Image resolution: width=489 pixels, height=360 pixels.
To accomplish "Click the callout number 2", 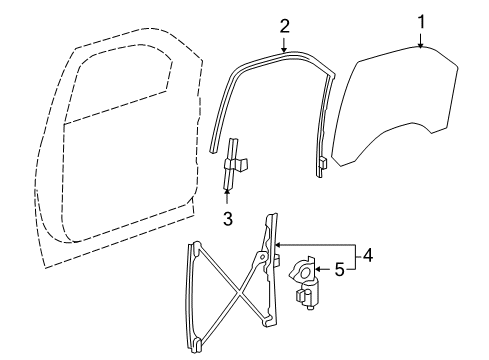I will [x=284, y=25].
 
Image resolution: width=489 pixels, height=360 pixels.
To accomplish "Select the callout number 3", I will [x=229, y=216].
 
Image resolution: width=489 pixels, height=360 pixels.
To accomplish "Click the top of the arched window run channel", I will [x=285, y=53].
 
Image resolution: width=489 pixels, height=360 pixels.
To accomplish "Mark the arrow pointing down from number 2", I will [x=284, y=42].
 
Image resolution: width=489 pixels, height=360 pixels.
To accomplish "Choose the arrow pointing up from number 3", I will [x=229, y=197].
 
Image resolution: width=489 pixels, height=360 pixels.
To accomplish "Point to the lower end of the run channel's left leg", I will [x=216, y=148].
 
